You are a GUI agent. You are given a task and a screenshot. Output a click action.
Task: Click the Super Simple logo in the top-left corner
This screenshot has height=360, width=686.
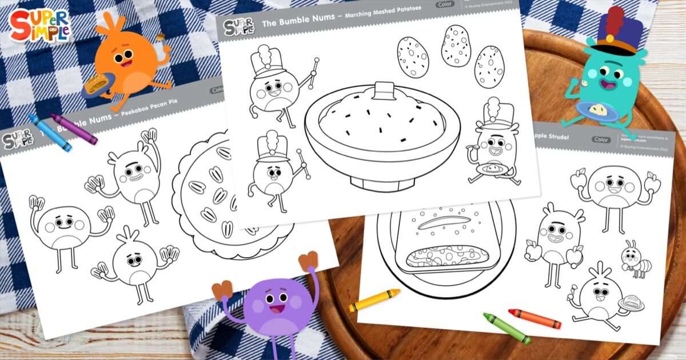pos(39,26)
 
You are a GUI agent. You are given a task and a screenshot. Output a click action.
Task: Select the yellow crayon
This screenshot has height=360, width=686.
pos(374,300)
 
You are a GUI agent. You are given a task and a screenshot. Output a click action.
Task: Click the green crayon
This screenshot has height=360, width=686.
pos(506,328)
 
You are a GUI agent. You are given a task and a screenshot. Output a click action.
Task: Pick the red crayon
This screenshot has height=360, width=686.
pos(534,318)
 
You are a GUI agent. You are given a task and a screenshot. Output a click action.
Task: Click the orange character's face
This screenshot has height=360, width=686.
pos(127,57)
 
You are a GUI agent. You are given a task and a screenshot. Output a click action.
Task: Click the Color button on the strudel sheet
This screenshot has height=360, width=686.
pos(601,139)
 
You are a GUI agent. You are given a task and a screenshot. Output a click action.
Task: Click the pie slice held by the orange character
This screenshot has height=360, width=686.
pos(95,86)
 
